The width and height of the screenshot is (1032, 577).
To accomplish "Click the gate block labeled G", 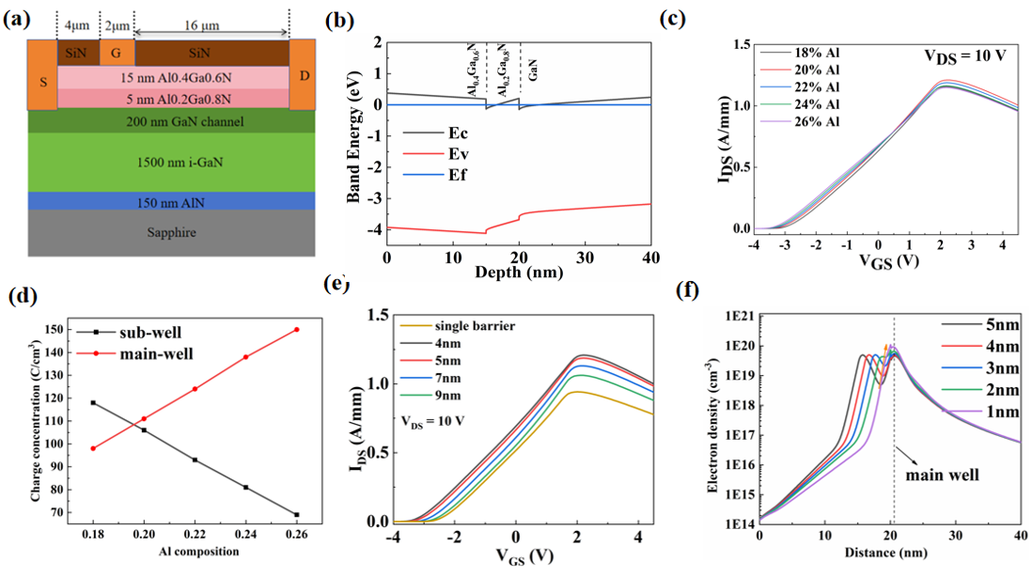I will pyautogui.click(x=117, y=53).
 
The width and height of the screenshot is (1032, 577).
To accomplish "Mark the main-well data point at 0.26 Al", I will pyautogui.click(x=297, y=329).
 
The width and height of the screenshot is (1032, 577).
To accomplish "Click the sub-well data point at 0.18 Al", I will pyautogui.click(x=93, y=402).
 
